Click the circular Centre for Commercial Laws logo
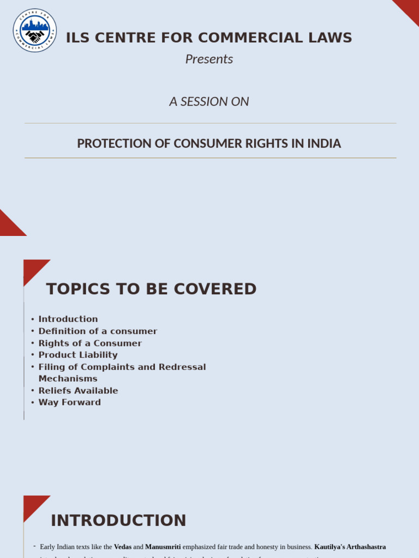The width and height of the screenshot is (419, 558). (x=35, y=31)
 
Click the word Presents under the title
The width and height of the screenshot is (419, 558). (x=209, y=59)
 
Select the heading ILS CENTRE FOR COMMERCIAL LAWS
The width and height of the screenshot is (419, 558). (x=209, y=38)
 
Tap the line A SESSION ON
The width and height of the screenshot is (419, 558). (x=209, y=101)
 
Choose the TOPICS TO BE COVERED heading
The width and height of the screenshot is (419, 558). (x=151, y=289)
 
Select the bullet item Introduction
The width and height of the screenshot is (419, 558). (x=68, y=319)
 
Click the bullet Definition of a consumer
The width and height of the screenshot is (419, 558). (x=98, y=331)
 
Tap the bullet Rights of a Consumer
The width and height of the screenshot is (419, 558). (x=90, y=343)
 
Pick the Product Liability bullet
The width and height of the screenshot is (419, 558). (x=78, y=355)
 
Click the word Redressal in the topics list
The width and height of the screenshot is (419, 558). (x=182, y=367)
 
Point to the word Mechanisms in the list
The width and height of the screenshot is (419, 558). (x=68, y=379)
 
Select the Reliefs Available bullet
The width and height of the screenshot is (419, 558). (x=78, y=391)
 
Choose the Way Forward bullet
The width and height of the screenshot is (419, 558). (x=69, y=403)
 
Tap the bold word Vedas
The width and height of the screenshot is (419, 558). (x=123, y=547)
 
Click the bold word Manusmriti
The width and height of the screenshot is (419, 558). (x=163, y=547)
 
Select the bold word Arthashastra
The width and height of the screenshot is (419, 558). (x=365, y=547)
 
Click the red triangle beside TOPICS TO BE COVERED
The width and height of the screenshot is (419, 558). (x=33, y=268)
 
